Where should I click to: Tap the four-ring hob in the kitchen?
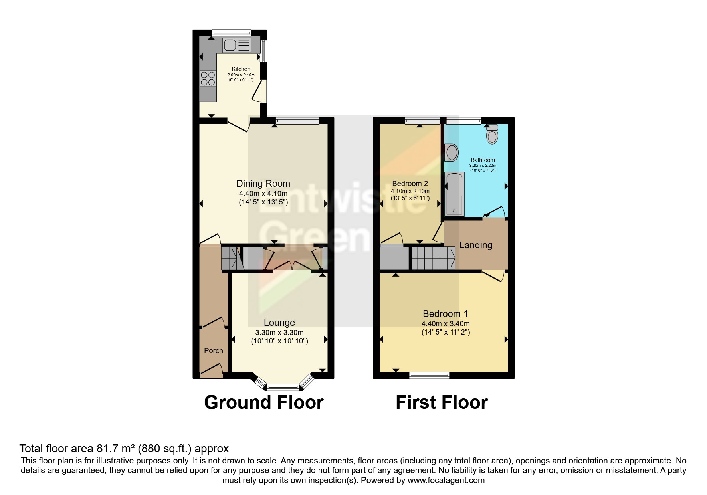208,79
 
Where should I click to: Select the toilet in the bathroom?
493,135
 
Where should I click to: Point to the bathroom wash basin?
452,152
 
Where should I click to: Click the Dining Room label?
263,184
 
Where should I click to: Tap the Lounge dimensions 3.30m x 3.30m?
279,333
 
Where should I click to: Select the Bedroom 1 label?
445,314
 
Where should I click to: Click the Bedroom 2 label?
410,184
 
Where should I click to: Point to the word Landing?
475,245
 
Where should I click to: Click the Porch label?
214,351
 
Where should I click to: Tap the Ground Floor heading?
263,402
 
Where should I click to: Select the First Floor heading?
442,402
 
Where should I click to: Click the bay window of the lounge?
283,386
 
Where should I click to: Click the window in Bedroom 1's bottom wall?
429,375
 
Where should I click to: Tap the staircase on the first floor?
433,258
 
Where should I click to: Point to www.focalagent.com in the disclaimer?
446,480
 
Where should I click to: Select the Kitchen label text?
241,69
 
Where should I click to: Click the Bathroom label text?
483,160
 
